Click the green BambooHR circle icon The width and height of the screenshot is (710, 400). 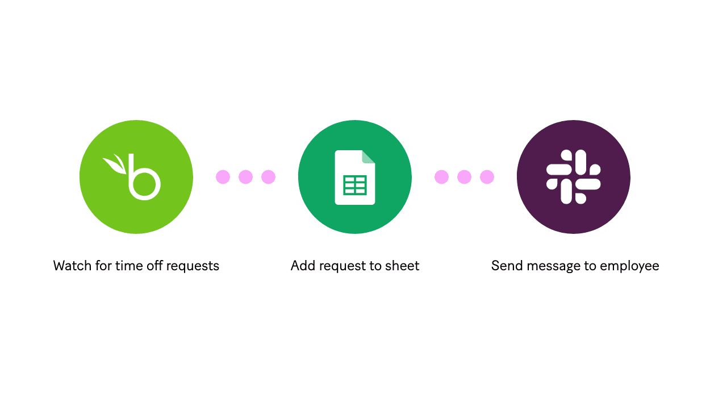point(136,177)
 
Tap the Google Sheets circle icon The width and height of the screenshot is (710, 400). point(355,177)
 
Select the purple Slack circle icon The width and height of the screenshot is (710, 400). point(574,177)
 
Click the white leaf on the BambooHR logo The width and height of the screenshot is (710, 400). point(116,163)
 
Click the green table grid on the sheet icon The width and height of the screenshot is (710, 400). point(355,185)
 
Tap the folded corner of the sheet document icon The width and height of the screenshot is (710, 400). point(369,156)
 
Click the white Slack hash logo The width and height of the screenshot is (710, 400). point(574,177)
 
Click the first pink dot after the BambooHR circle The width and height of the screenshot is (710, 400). point(223,177)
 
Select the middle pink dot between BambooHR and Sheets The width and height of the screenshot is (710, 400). point(245,177)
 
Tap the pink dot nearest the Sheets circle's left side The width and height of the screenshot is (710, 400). point(268,177)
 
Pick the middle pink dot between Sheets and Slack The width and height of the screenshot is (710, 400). point(464,177)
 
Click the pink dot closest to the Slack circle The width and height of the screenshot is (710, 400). point(487,177)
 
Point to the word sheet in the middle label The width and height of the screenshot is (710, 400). point(403,266)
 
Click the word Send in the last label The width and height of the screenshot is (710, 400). point(505,266)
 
